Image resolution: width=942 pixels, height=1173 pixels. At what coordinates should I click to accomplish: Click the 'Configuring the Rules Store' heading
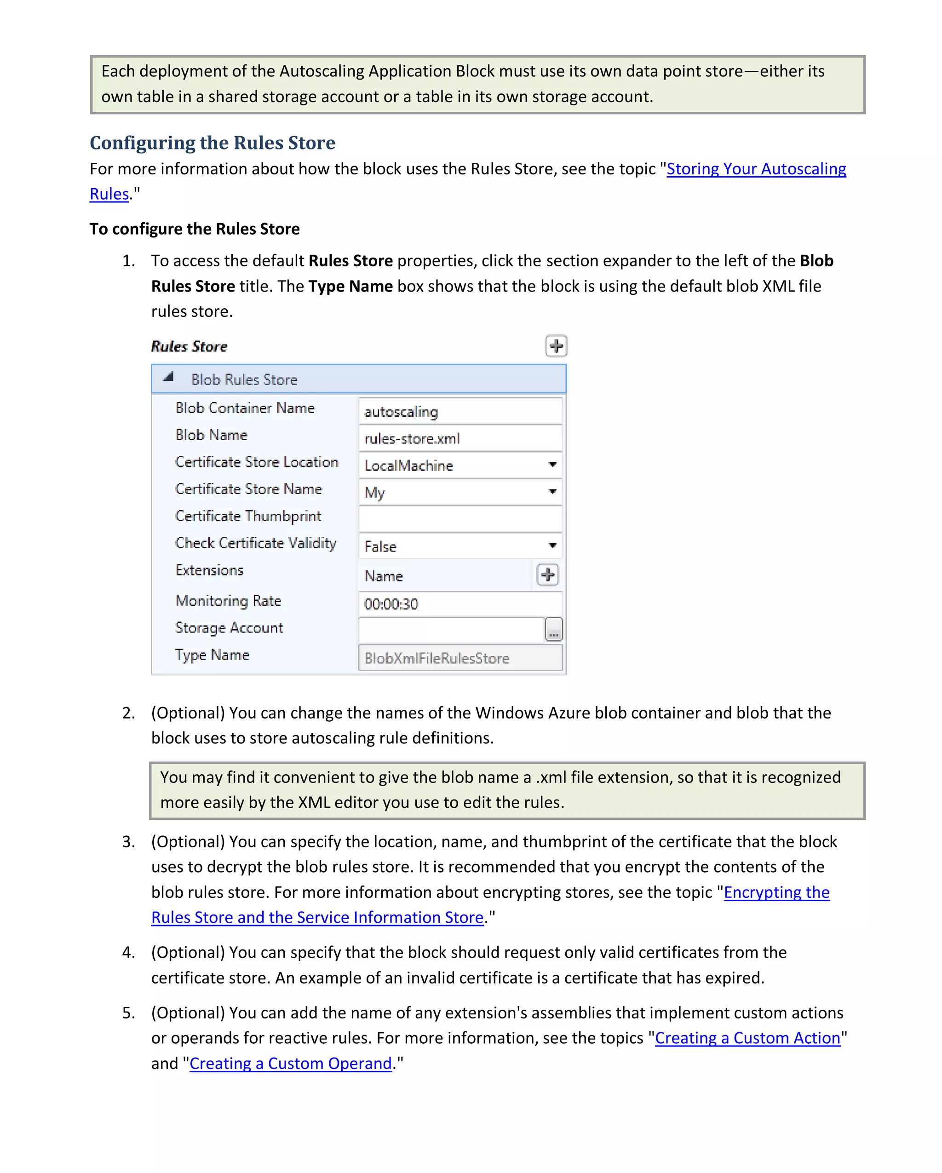pos(212,143)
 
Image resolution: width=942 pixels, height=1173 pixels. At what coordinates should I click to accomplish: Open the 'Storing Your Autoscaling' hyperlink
pos(756,169)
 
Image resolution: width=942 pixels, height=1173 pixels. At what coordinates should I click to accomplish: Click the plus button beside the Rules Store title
pos(556,346)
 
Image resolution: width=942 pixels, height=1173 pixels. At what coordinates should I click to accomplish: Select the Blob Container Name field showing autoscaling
pos(460,412)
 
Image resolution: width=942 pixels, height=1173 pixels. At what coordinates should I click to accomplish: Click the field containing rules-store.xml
pos(460,438)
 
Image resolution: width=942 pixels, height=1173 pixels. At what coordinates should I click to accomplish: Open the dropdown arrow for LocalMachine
pos(552,465)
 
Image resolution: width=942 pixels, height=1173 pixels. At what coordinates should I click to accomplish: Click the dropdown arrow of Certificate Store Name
pos(552,492)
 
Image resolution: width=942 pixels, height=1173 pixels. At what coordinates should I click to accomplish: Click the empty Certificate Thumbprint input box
pos(460,519)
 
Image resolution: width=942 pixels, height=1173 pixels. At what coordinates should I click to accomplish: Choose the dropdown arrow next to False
pos(552,546)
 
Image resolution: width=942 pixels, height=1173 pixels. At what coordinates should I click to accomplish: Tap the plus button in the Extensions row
pos(548,575)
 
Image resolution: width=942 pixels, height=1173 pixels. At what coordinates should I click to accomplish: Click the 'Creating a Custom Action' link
pos(747,1039)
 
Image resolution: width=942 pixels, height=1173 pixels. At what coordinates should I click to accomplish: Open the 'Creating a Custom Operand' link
pos(290,1064)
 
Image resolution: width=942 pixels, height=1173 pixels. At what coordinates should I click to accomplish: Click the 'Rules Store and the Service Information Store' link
pos(317,918)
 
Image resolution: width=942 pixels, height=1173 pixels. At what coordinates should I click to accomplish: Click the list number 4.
pos(128,953)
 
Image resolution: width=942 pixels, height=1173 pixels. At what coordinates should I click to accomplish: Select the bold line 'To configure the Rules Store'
pos(195,229)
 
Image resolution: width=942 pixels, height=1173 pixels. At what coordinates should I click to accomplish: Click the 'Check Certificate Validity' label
pos(256,543)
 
